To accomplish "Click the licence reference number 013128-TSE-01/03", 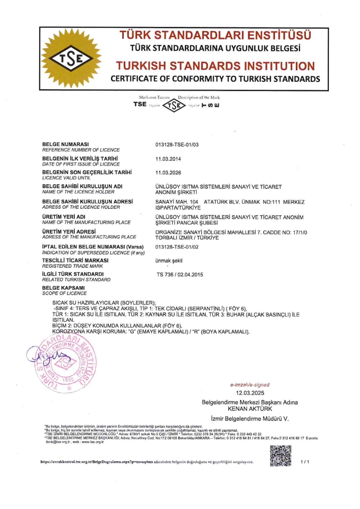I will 176,145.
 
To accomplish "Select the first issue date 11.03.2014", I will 168,159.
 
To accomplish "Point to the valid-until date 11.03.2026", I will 168,173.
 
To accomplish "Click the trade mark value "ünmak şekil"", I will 169,261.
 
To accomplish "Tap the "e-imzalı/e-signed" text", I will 250,385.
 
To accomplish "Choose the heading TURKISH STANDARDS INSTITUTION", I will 215,66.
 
